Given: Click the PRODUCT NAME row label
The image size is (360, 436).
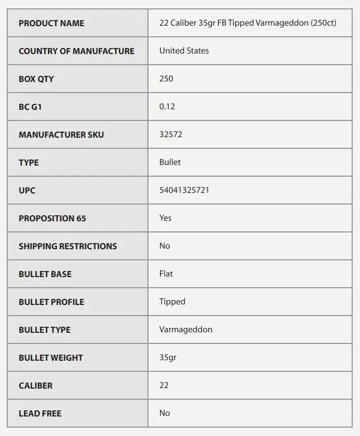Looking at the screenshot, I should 51,23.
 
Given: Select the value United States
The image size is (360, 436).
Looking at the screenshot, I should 184,51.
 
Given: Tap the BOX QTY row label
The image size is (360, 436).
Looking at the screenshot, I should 36,79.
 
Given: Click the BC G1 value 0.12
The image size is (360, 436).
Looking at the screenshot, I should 167,106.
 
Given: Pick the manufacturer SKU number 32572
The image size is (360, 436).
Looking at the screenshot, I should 171,134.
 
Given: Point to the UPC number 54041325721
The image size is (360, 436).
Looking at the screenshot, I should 184,190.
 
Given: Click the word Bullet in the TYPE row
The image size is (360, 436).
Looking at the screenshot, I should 170,162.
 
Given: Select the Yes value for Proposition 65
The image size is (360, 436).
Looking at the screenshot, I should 165,218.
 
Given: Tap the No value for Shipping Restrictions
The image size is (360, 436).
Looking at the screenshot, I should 165,246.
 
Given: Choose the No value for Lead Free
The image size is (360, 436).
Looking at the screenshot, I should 165,413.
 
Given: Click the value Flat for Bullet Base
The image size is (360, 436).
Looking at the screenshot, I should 166,274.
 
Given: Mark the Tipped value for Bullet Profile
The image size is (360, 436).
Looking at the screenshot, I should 172,302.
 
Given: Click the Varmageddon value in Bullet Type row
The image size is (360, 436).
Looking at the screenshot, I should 185,330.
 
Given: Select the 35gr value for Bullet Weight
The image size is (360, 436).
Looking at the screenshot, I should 167,357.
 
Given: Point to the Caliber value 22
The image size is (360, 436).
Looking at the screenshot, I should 164,385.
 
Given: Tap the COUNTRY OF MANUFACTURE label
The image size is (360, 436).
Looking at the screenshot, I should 76,51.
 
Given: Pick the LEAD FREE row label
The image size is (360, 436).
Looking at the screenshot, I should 40,414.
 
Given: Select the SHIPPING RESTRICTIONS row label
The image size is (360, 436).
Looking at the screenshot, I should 68,246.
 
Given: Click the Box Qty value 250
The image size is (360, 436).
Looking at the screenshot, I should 166,79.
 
